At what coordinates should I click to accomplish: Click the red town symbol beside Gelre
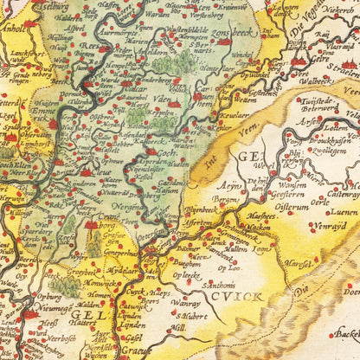(302, 61)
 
